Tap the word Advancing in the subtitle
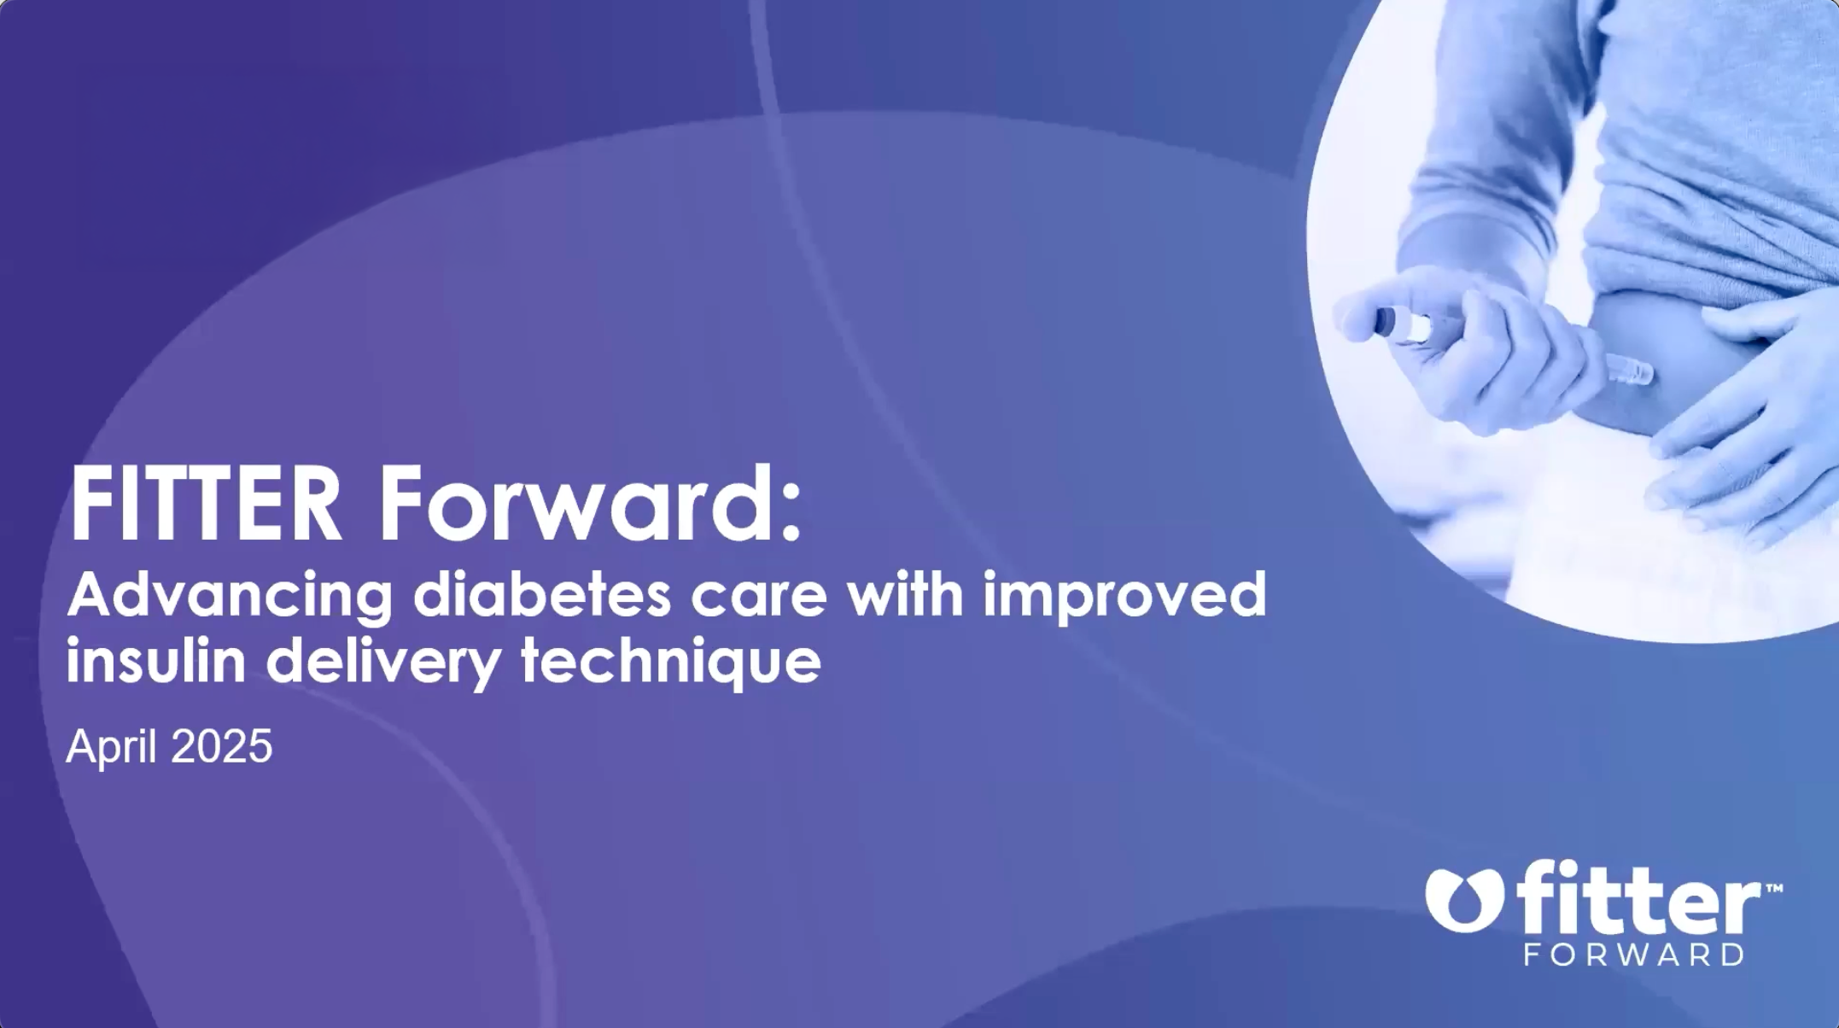230,598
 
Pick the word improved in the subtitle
1124,598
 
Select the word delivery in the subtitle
382,663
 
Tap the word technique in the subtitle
671,663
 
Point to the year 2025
222,746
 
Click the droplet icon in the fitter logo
1462,901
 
